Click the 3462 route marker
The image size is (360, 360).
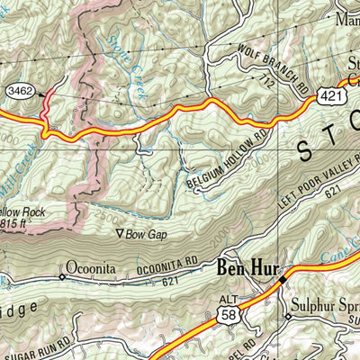[x=18, y=91]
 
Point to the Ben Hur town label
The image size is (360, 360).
[x=243, y=268]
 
